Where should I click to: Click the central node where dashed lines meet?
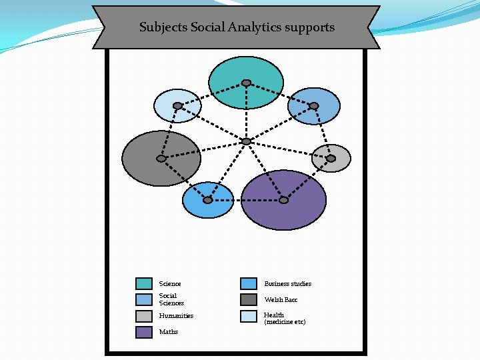point(246,141)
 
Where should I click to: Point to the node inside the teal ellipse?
point(246,83)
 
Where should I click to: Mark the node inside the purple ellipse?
point(283,200)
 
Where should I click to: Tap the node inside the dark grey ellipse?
point(161,159)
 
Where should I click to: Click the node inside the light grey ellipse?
point(331,159)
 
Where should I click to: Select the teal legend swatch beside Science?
point(144,283)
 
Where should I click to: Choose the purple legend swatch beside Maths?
point(144,332)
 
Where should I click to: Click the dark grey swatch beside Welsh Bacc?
point(249,299)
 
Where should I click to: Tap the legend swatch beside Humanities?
point(144,316)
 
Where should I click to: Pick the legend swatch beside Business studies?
point(249,283)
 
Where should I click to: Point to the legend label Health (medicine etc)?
point(285,319)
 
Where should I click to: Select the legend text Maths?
point(169,332)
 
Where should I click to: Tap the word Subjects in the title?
point(163,27)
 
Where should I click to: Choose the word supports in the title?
point(313,27)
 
